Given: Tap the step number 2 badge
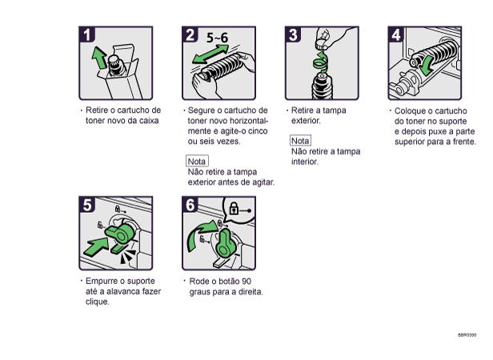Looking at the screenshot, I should pyautogui.click(x=190, y=34).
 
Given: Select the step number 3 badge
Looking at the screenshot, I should pyautogui.click(x=294, y=34).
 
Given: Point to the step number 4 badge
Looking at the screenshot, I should pyautogui.click(x=396, y=34).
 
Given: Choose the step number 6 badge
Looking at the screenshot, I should pyautogui.click(x=190, y=204).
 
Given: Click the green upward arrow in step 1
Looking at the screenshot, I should pyautogui.click(x=99, y=58).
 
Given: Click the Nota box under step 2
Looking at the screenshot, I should pyautogui.click(x=197, y=161).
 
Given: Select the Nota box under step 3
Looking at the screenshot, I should pyautogui.click(x=300, y=141).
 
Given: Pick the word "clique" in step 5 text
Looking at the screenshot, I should pyautogui.click(x=97, y=302).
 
